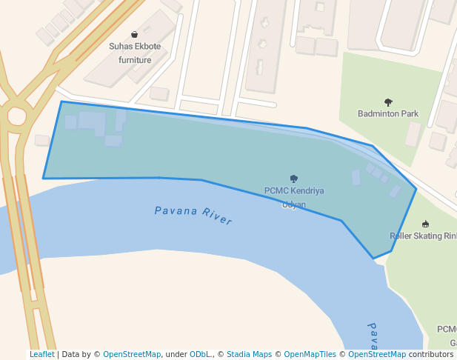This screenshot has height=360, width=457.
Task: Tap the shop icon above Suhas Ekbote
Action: pyautogui.click(x=134, y=34)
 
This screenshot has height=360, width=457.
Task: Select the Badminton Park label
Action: pyautogui.click(x=387, y=114)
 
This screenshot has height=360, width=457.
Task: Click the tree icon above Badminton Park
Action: pyautogui.click(x=388, y=102)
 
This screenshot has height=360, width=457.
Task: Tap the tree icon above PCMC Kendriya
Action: pyautogui.click(x=294, y=179)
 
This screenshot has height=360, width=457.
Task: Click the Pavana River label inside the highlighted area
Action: pyautogui.click(x=193, y=216)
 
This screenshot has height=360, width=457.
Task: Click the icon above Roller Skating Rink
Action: pyautogui.click(x=425, y=224)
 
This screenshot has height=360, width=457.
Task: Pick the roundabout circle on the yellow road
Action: pyautogui.click(x=16, y=116)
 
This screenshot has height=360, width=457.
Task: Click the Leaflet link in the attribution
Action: pyautogui.click(x=41, y=355)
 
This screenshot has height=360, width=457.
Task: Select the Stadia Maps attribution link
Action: pyautogui.click(x=249, y=355)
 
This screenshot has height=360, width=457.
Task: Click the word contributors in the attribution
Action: pyautogui.click(x=430, y=355)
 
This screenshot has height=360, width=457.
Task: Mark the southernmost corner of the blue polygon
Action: pyautogui.click(x=373, y=259)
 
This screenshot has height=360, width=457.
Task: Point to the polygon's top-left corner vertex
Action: pyautogui.click(x=61, y=101)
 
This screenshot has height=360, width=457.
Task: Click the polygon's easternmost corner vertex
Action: pyautogui.click(x=416, y=189)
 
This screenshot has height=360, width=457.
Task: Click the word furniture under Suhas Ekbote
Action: pyautogui.click(x=134, y=59)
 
